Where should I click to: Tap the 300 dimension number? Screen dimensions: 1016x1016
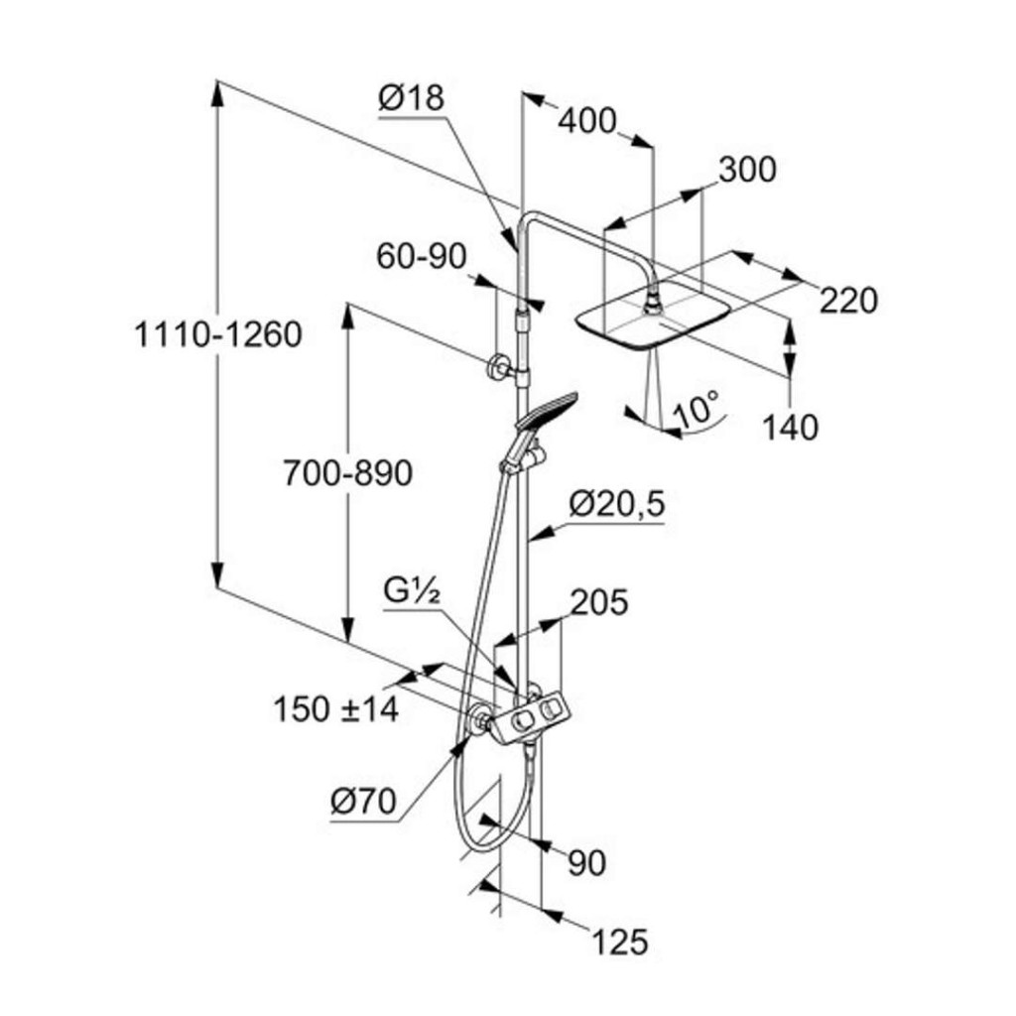tap(747, 171)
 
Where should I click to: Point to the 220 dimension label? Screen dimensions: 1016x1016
tap(848, 299)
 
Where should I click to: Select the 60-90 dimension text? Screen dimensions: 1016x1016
tap(421, 257)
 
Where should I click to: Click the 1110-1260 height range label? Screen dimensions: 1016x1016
tap(217, 335)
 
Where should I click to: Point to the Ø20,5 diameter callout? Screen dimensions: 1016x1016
tap(616, 505)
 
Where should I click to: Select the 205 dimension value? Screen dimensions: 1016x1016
tap(598, 602)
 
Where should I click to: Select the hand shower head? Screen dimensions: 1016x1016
tap(545, 410)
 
